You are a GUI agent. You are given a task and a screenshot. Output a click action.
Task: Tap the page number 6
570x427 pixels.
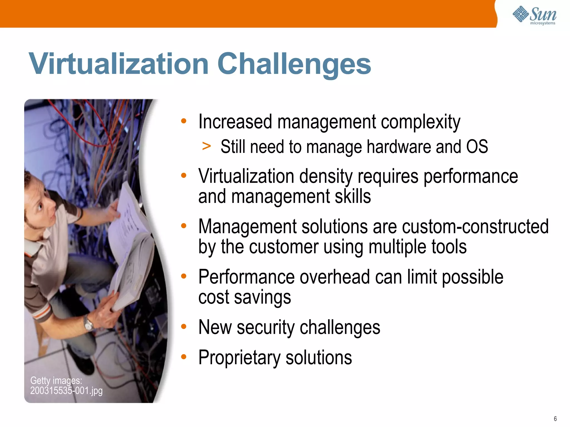coord(555,419)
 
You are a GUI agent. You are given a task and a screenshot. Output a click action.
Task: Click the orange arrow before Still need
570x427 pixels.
coord(206,146)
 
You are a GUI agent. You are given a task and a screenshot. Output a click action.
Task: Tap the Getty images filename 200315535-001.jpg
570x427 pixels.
coord(66,391)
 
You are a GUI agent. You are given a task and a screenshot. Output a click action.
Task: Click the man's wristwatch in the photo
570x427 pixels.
coord(89,324)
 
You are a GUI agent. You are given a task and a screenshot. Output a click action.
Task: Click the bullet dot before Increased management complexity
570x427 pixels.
coord(183,121)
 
